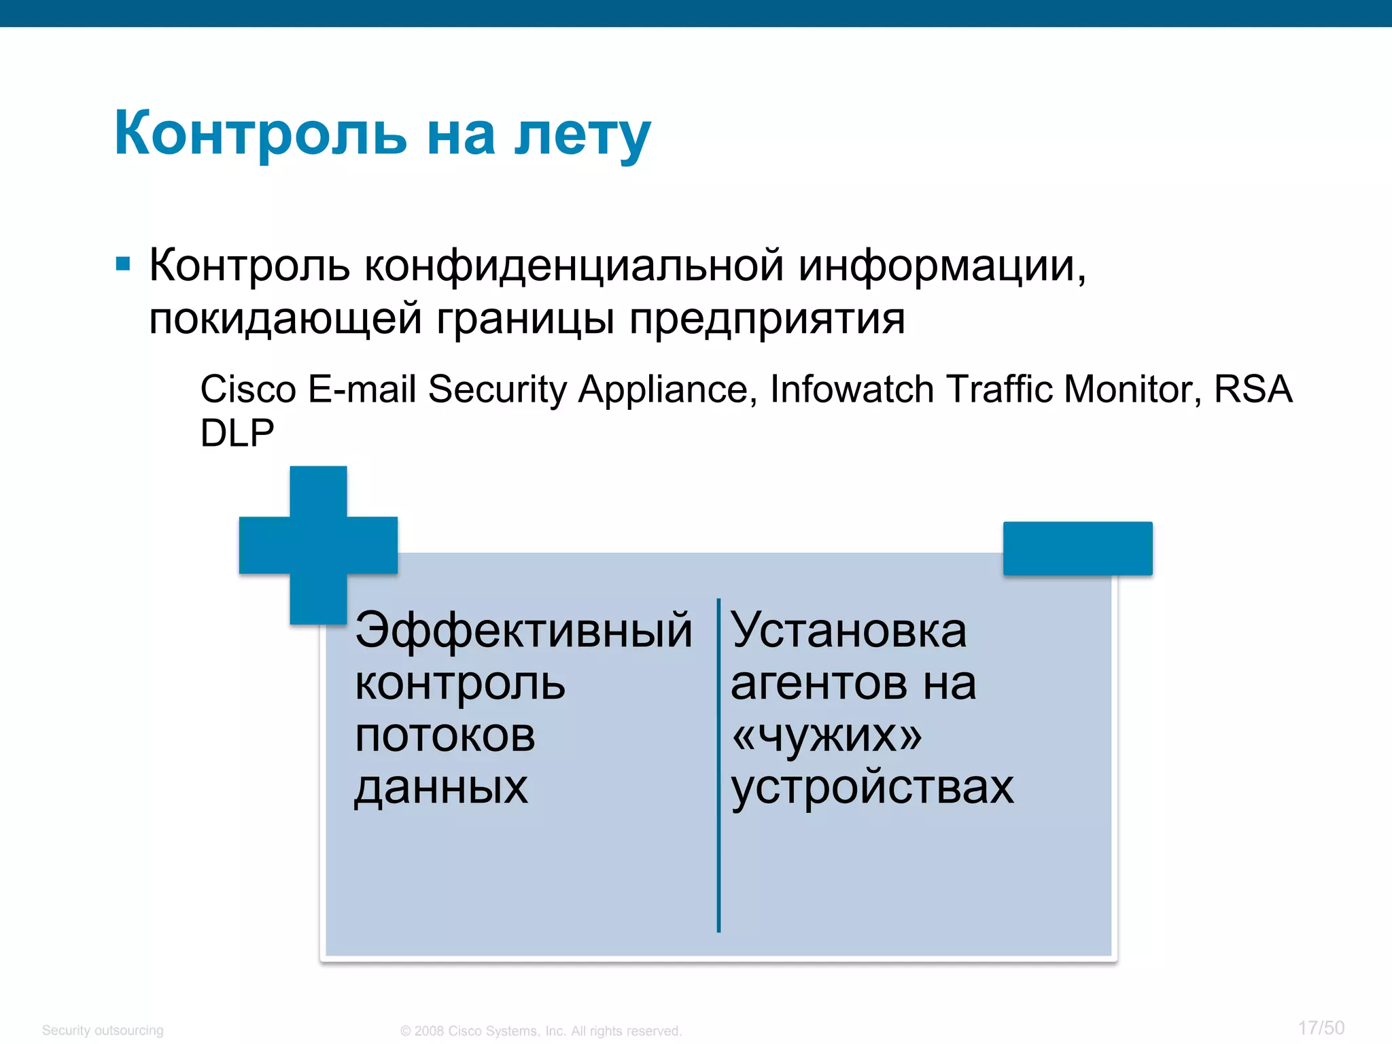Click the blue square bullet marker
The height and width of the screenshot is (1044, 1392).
123,264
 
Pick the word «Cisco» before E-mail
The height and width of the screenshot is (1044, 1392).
248,389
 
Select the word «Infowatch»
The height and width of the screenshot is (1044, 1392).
852,389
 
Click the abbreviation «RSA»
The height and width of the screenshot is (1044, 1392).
1253,389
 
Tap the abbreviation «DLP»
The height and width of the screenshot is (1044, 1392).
237,432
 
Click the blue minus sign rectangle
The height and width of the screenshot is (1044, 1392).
1077,549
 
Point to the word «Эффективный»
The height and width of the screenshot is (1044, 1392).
523,630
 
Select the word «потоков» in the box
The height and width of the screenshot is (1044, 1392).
445,735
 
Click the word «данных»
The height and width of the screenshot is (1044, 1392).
441,788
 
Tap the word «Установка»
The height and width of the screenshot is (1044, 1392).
848,630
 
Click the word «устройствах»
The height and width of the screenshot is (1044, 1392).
872,788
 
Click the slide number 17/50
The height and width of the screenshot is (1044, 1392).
1321,1028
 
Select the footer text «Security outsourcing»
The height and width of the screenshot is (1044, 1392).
103,1030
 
